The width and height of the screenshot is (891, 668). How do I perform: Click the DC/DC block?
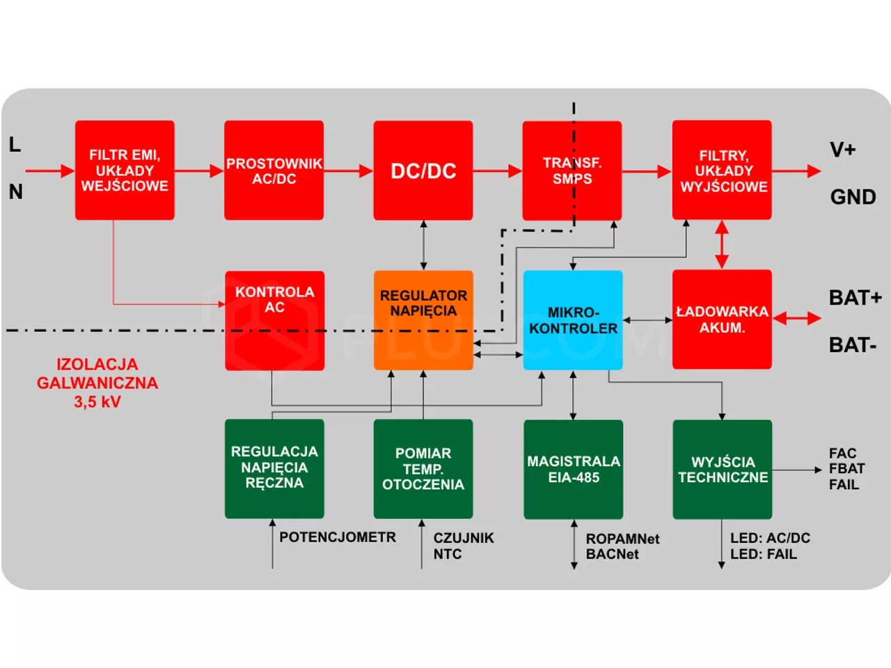click(x=423, y=170)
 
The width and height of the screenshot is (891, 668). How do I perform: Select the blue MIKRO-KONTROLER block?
click(x=573, y=320)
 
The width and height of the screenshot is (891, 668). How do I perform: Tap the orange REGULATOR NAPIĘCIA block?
click(x=423, y=319)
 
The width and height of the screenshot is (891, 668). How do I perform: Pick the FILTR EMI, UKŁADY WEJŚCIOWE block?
click(x=125, y=170)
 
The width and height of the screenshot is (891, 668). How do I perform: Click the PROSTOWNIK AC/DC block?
click(x=274, y=170)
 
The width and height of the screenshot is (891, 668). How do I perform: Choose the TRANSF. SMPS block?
click(x=572, y=170)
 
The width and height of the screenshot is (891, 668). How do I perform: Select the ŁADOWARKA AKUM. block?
click(x=722, y=319)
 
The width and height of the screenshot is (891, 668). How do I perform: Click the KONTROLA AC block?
click(x=274, y=320)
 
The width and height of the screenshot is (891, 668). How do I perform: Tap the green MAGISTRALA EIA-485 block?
click(x=573, y=469)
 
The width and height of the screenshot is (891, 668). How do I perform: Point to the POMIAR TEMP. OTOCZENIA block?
click(x=423, y=469)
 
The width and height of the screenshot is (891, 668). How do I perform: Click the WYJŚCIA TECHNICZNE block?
click(x=723, y=469)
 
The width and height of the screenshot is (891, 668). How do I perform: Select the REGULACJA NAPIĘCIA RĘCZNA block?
click(x=274, y=468)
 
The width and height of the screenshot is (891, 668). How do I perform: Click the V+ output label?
click(x=842, y=150)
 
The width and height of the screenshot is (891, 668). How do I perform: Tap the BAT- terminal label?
click(x=852, y=345)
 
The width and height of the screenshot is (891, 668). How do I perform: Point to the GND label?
click(x=853, y=197)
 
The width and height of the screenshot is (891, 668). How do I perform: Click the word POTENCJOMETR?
click(x=338, y=537)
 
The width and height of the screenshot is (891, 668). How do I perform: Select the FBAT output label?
click(x=846, y=469)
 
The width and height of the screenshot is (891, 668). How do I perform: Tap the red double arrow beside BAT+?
click(x=797, y=319)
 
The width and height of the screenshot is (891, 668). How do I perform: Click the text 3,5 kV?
click(x=97, y=401)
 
